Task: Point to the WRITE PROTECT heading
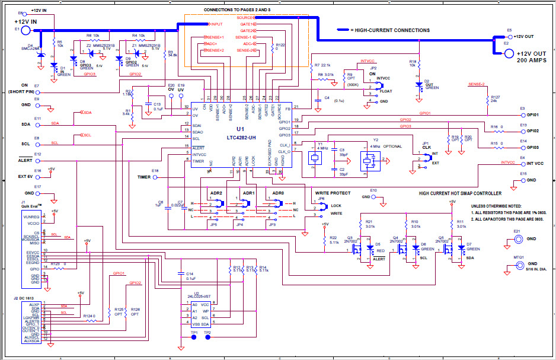(333, 193)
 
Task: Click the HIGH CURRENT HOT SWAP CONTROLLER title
(460, 193)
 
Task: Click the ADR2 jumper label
(216, 193)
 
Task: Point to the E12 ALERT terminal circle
(38, 160)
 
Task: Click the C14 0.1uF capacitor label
(190, 275)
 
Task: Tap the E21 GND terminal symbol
(519, 239)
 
